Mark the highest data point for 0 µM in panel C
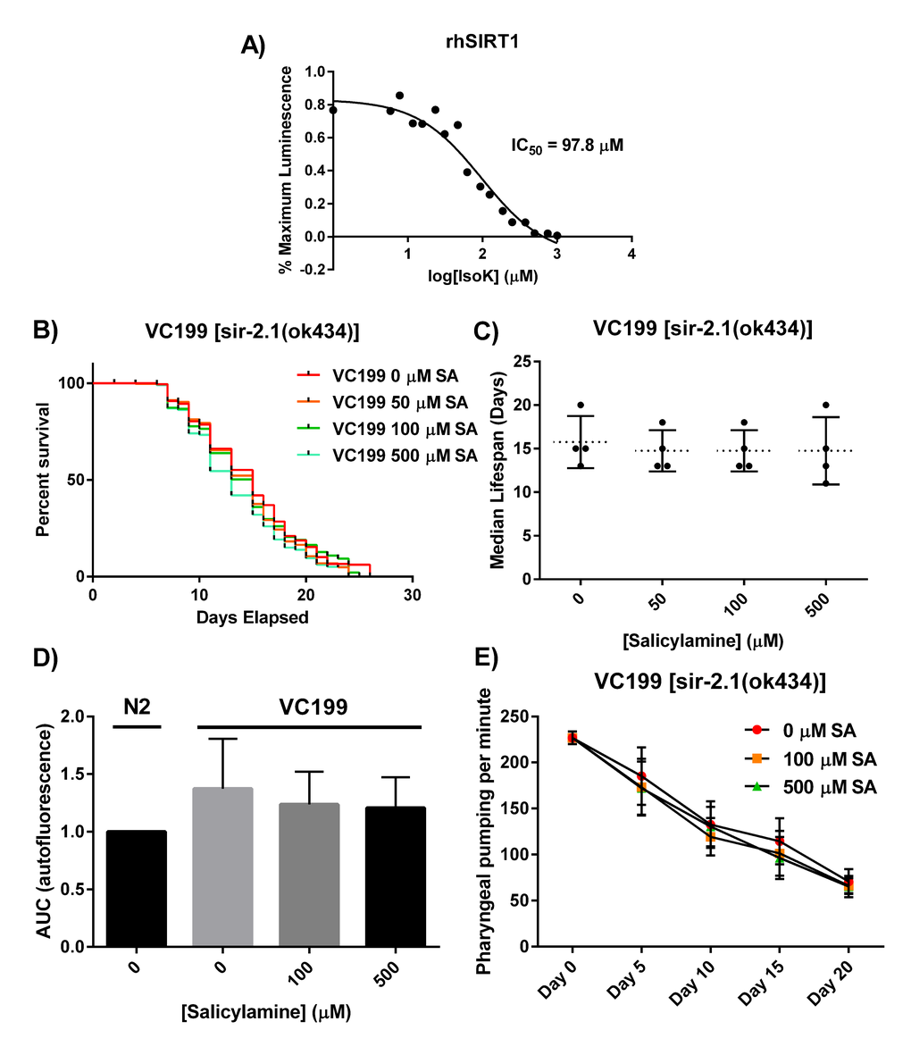[581, 406]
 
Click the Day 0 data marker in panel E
[572, 738]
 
